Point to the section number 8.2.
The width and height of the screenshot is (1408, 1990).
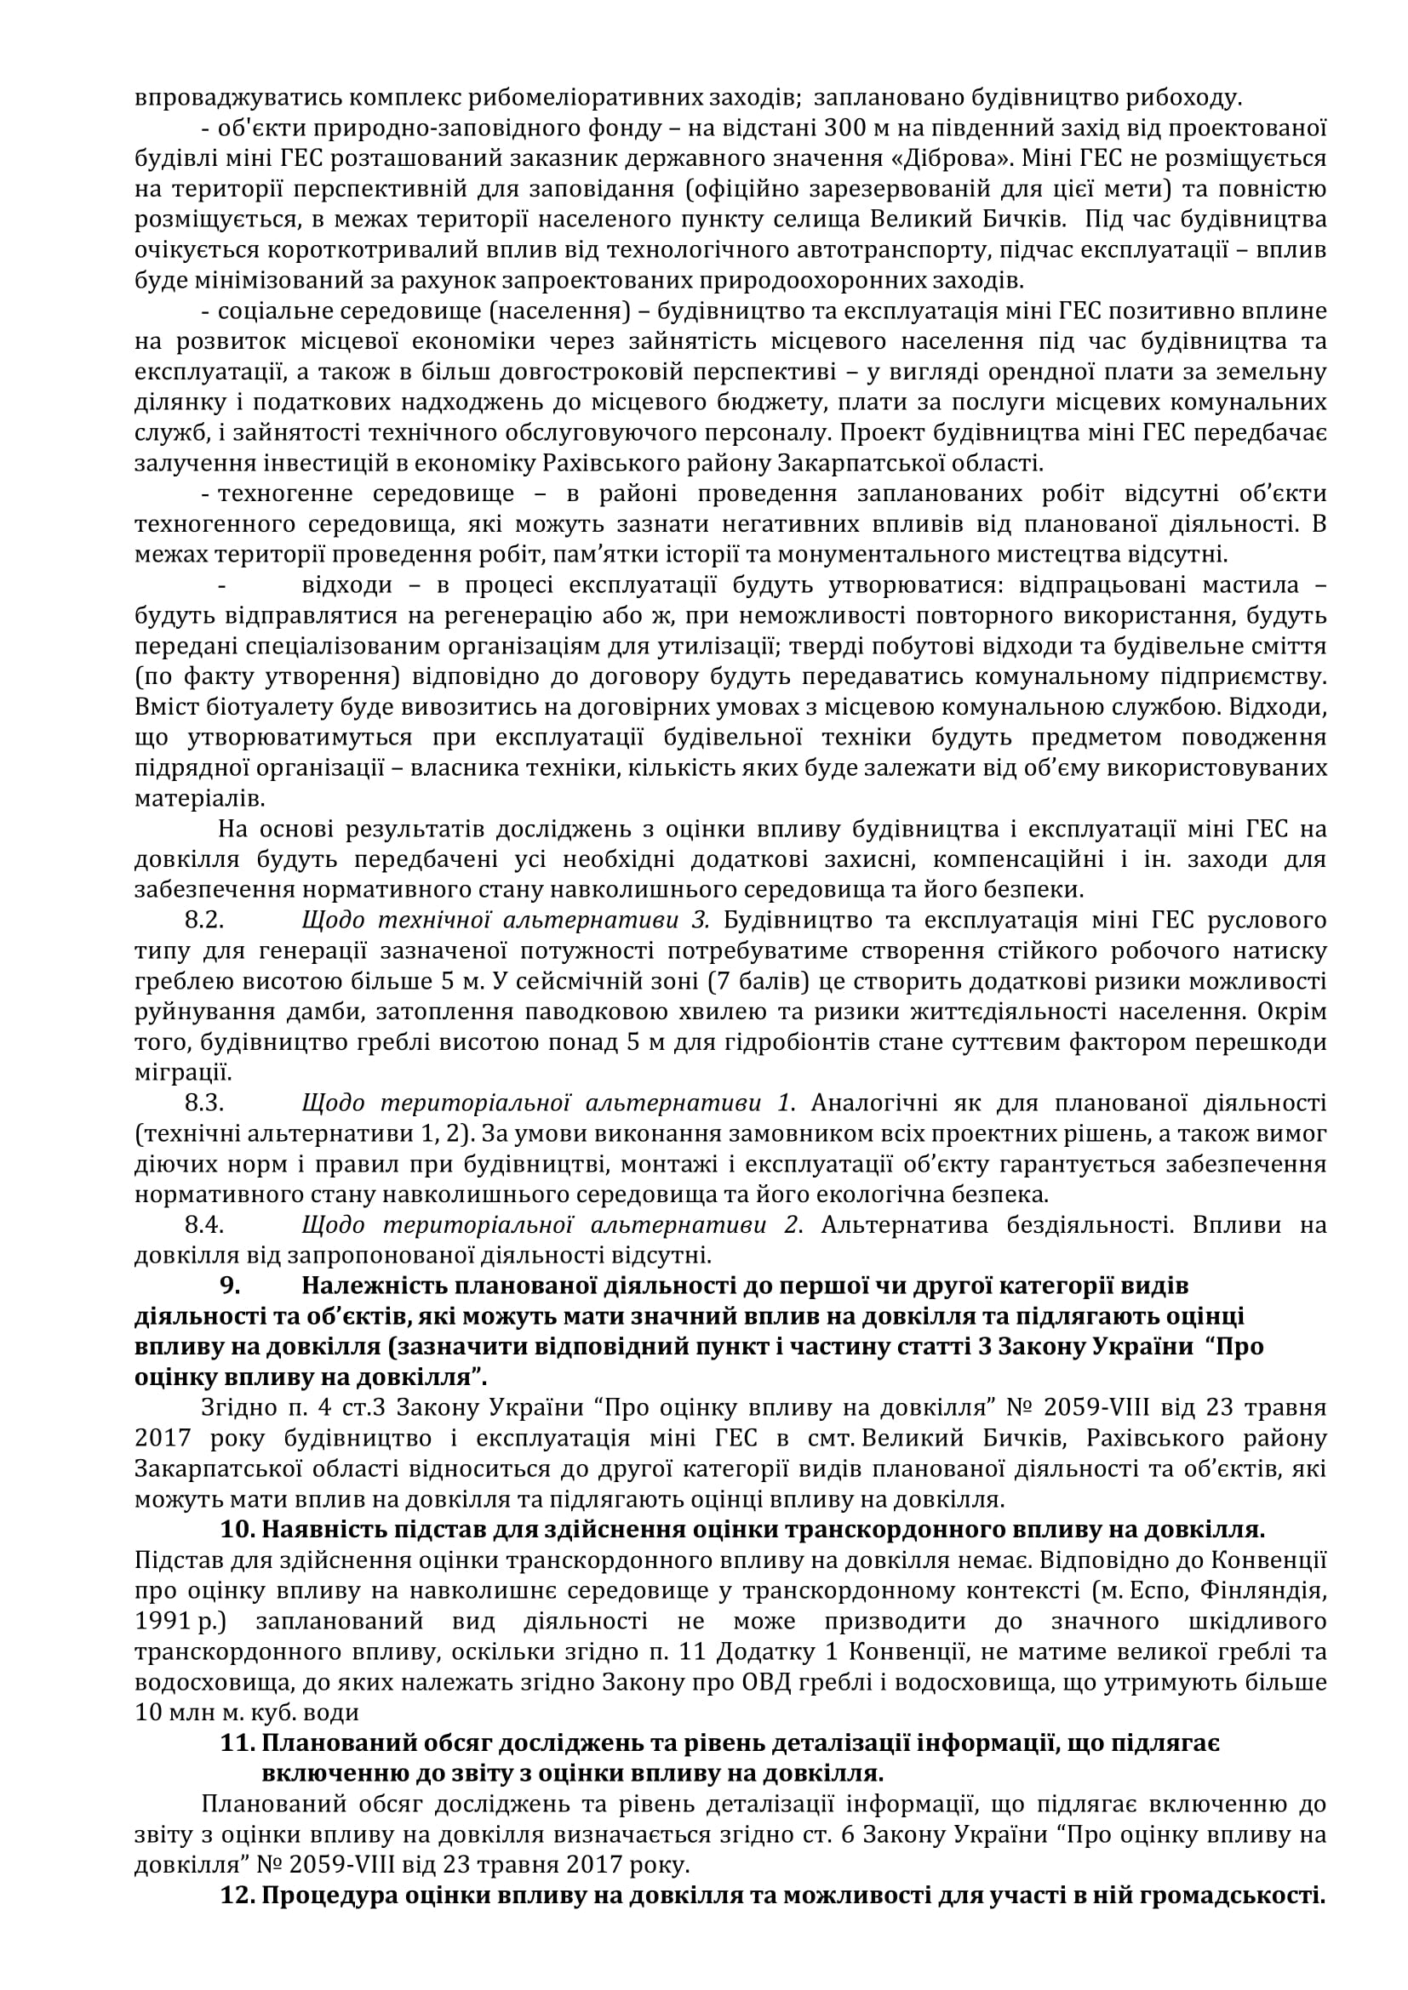tap(204, 920)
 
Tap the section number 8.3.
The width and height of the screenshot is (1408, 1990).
tap(204, 1103)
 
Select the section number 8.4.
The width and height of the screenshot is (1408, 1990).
tap(204, 1225)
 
